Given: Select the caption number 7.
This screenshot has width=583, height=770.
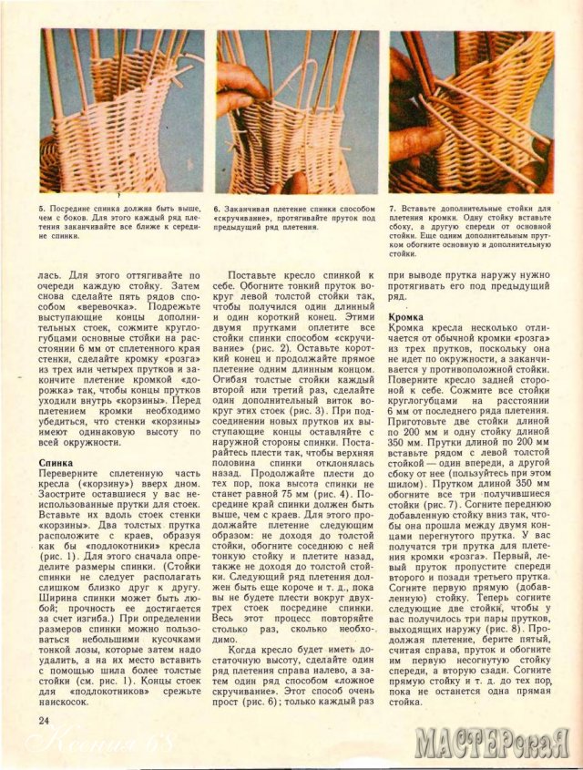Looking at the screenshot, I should coord(392,208).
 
